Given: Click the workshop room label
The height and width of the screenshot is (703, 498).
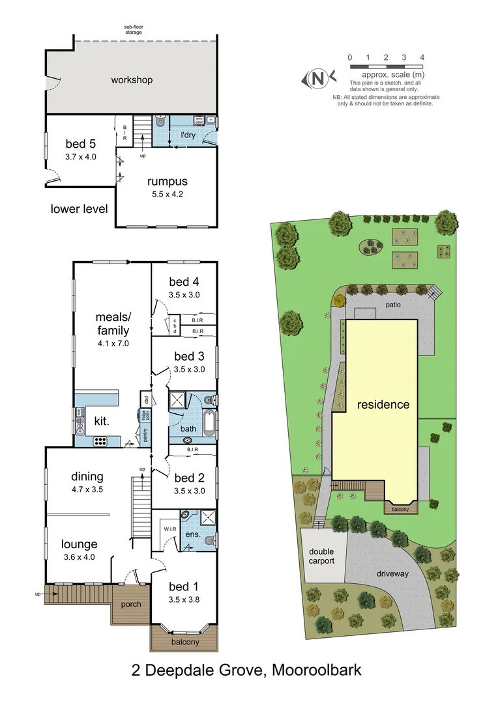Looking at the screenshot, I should tap(132, 80).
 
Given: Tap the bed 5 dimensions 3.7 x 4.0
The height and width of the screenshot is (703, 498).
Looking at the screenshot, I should tap(81, 157).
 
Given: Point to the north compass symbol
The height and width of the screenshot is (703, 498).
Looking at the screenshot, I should tap(318, 79).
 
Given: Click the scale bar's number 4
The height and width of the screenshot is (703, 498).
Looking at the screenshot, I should tap(422, 58).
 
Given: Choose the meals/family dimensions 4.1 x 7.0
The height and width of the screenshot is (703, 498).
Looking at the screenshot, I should tap(113, 343).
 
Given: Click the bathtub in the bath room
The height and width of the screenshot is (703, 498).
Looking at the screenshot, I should tap(209, 423).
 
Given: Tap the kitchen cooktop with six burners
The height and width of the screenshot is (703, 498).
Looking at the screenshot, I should tap(100, 441).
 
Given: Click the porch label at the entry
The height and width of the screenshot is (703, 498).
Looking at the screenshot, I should tap(130, 604).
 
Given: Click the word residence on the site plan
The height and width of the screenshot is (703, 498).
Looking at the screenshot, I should tap(383, 404).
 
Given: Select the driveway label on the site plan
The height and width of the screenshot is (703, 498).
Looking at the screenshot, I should tap(392, 573).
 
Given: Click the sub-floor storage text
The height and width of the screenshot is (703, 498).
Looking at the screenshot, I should tap(134, 29).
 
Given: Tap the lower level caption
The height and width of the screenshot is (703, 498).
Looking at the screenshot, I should tap(79, 209).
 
